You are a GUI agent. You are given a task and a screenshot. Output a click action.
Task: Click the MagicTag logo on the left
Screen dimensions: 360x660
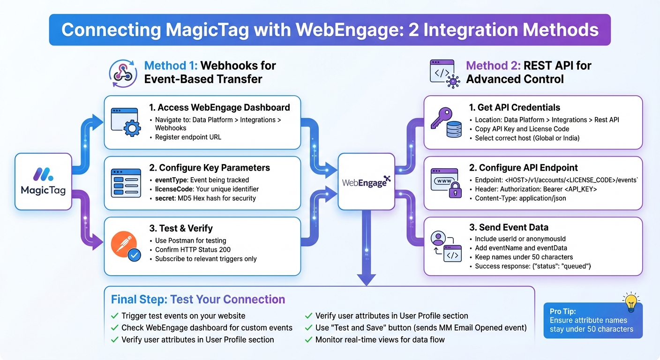(x=43, y=175)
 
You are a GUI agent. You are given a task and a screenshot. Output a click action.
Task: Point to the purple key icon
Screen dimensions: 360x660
(x=441, y=117)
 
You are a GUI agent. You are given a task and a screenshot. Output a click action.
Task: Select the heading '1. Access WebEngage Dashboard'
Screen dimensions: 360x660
(x=219, y=107)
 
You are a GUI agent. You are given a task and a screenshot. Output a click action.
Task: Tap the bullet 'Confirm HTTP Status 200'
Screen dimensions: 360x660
(x=193, y=249)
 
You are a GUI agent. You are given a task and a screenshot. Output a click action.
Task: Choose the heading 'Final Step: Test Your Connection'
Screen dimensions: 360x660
(x=198, y=300)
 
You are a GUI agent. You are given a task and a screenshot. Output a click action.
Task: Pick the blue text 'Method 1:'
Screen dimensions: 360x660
(x=171, y=66)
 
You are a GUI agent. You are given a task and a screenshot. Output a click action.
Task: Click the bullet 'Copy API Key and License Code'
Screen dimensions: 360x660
(x=522, y=129)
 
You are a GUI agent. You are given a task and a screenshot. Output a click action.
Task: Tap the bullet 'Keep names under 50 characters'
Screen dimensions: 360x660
(x=524, y=257)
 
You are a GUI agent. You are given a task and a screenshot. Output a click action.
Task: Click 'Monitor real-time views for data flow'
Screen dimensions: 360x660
(x=380, y=340)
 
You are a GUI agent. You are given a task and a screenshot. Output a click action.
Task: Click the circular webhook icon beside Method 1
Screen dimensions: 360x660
(x=123, y=73)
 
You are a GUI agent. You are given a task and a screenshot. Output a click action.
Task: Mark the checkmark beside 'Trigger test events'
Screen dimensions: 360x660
(x=114, y=316)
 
